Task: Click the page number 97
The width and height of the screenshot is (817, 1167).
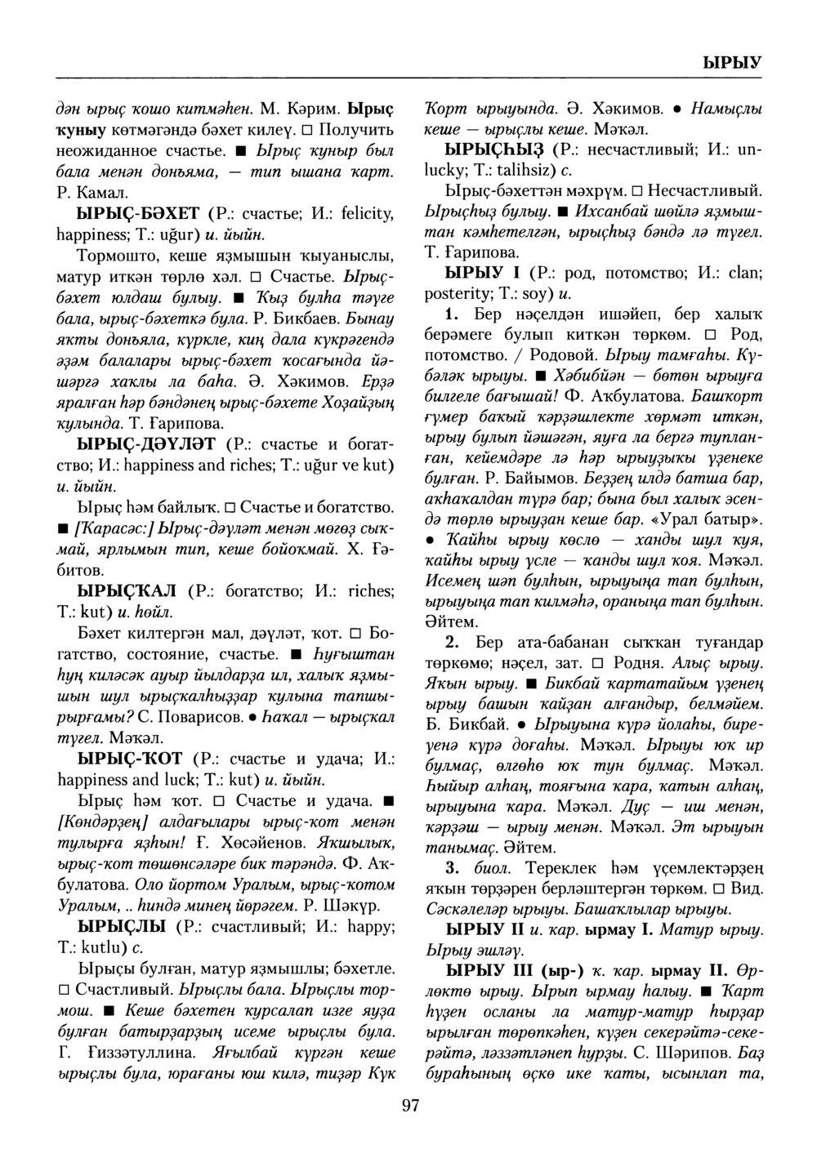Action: [x=409, y=1106]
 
